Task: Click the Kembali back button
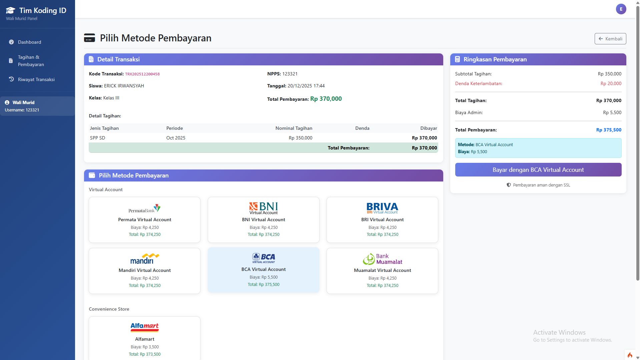610,39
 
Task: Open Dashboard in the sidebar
29,42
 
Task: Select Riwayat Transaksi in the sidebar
36,79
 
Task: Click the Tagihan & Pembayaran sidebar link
31,61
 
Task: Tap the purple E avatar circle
621,9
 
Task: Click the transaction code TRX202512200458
142,74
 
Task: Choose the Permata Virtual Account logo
144,209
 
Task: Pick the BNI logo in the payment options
263,208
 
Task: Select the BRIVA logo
382,208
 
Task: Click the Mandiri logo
144,259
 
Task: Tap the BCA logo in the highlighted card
263,258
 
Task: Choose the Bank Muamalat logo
382,259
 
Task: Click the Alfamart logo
144,327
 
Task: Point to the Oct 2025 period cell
176,138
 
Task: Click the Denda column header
362,128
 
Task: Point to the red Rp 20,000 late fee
611,83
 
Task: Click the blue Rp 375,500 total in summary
609,130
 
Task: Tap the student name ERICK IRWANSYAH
124,86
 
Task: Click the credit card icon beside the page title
89,38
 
